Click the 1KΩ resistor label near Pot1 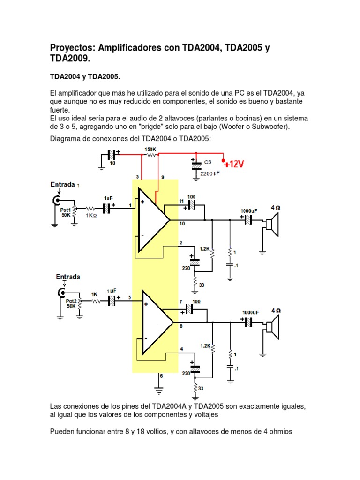pyautogui.click(x=91, y=215)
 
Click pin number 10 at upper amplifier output pyautogui.click(x=182, y=224)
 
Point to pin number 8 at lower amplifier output pyautogui.click(x=181, y=325)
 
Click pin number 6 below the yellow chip pyautogui.click(x=161, y=376)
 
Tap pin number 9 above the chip pyautogui.click(x=162, y=177)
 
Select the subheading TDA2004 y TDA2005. pyautogui.click(x=86, y=76)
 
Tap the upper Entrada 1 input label pyautogui.click(x=65, y=185)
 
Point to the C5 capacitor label pyautogui.click(x=208, y=162)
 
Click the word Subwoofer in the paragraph pyautogui.click(x=270, y=127)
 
